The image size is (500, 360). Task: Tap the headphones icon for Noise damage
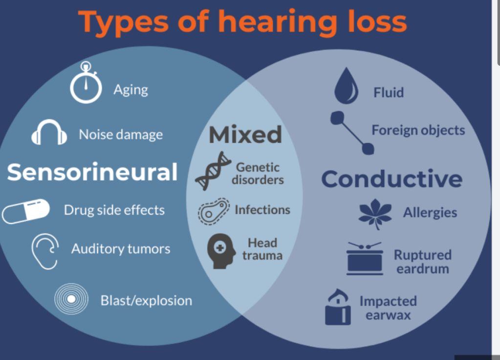[49, 133]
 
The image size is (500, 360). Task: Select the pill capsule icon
[26, 211]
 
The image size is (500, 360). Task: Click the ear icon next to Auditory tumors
[45, 250]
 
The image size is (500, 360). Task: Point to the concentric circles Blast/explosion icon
[71, 299]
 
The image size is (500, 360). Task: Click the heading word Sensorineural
[92, 172]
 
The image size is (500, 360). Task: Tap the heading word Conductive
[391, 179]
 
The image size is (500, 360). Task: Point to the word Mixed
[245, 135]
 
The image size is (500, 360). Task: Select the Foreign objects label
[418, 130]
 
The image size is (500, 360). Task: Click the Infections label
[262, 210]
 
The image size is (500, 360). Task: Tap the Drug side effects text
[114, 210]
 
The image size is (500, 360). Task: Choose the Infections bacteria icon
[214, 211]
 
